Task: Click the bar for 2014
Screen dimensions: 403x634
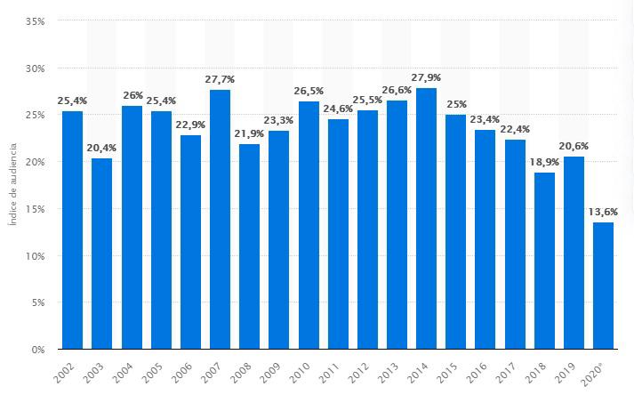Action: [426, 219]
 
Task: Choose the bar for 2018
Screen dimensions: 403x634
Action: [544, 261]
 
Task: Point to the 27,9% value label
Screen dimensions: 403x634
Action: [426, 77]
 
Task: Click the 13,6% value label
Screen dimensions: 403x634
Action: [603, 212]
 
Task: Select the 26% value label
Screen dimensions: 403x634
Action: [132, 95]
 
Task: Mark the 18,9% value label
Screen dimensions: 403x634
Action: [544, 162]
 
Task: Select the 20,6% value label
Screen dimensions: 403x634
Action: [574, 146]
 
